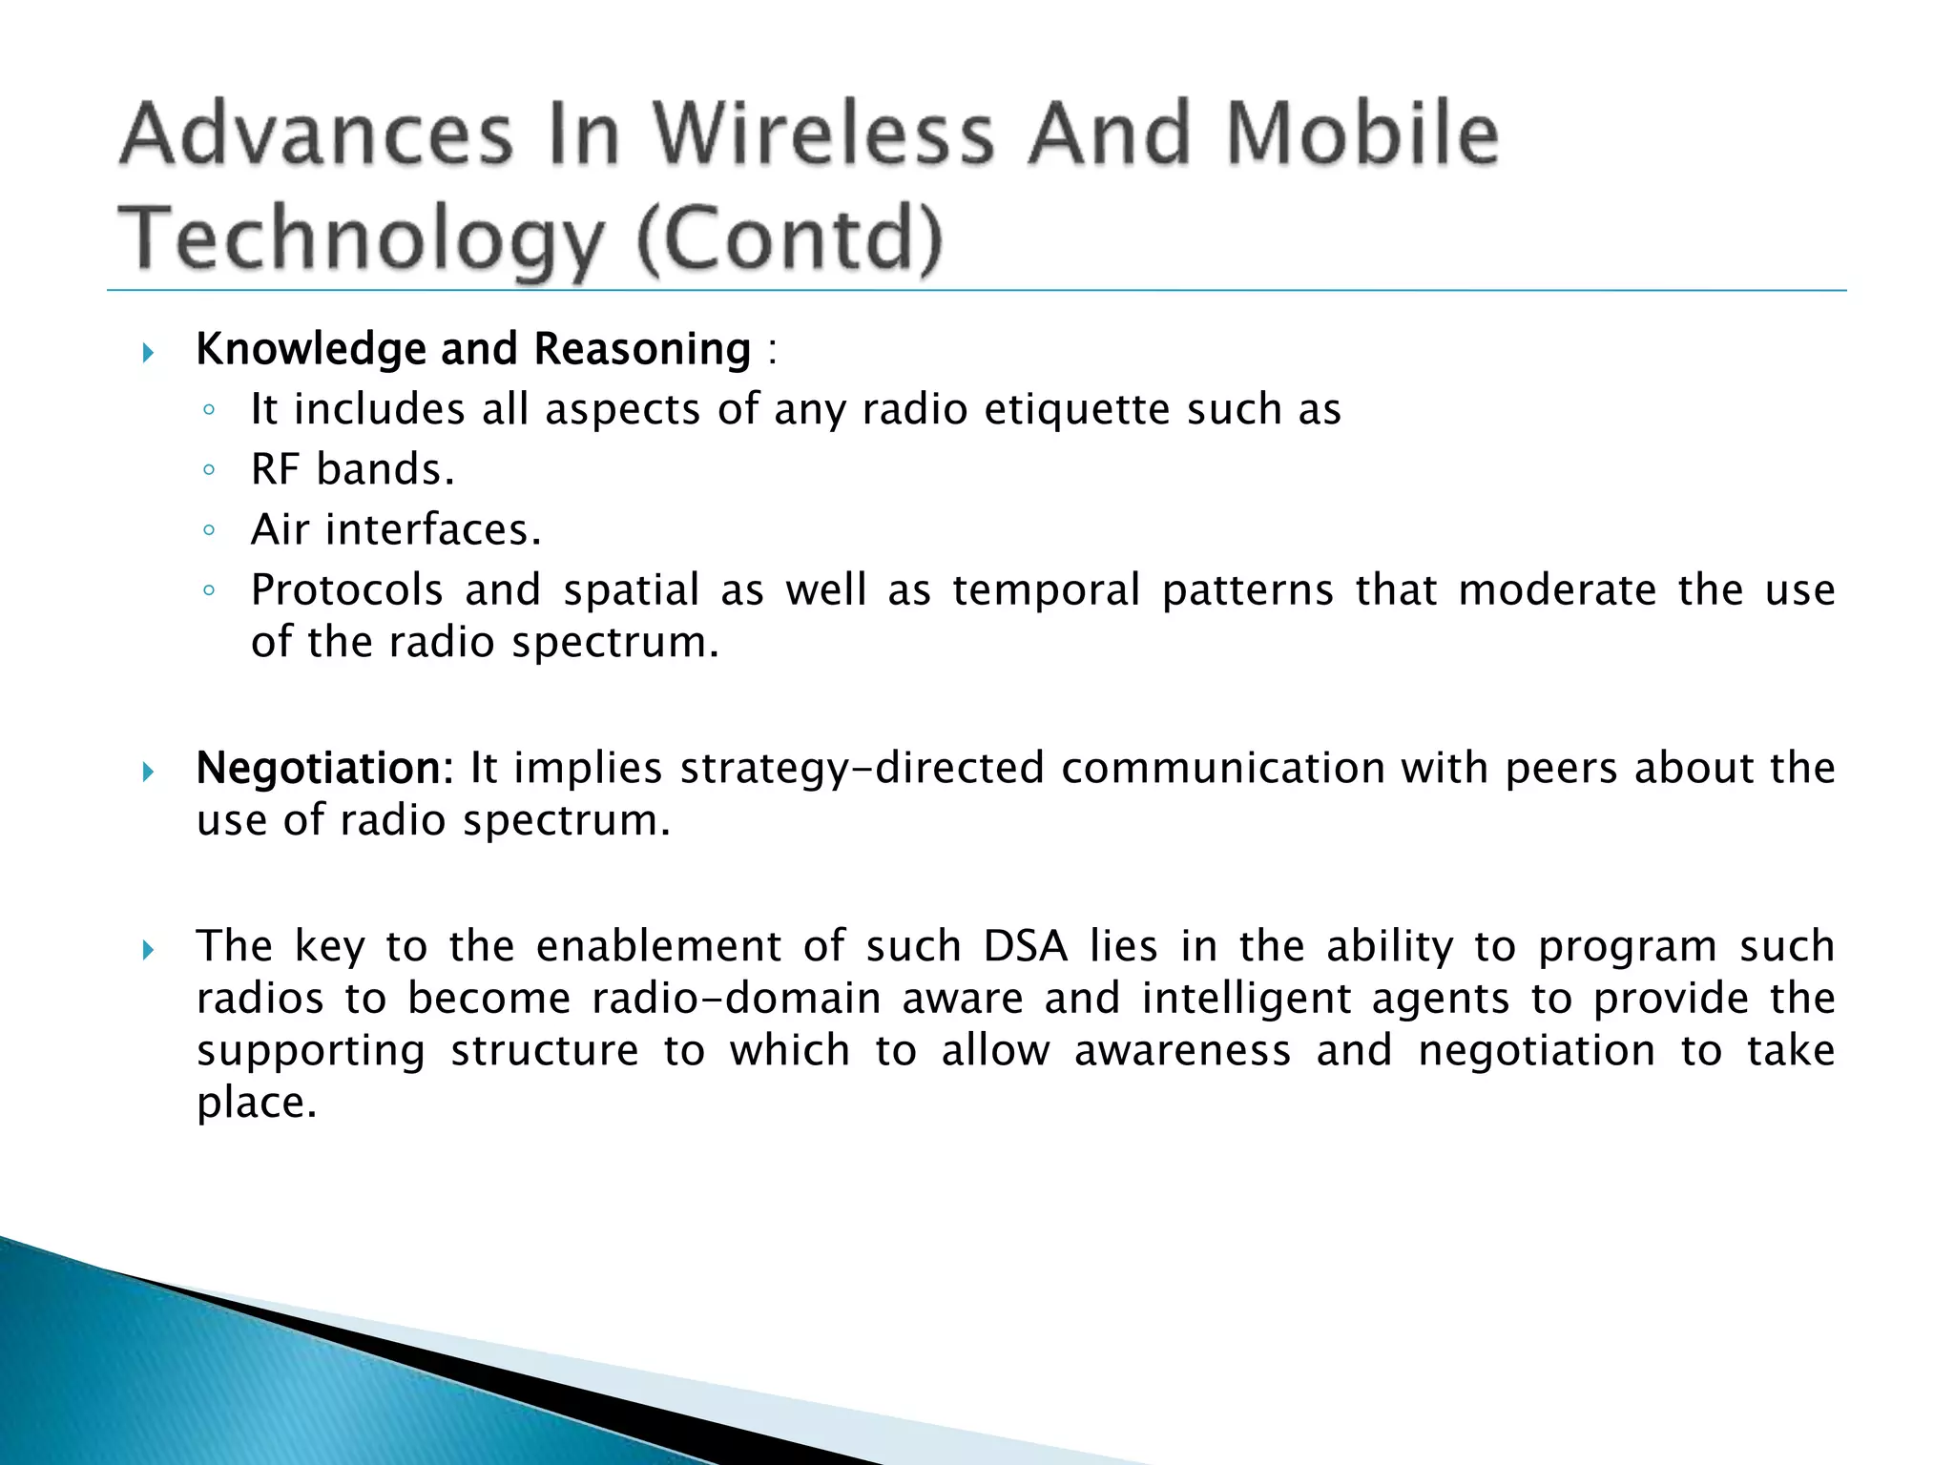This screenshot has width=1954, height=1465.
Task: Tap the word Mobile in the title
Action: tap(1362, 134)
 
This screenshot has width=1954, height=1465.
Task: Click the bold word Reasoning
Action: tap(642, 349)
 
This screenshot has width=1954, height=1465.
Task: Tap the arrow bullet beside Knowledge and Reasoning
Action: tap(148, 354)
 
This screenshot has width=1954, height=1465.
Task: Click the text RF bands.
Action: tap(352, 470)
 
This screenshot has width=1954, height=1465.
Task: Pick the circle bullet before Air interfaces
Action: tap(209, 531)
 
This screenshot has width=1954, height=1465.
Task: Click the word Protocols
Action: tap(347, 590)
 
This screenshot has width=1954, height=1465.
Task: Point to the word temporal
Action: tap(1046, 590)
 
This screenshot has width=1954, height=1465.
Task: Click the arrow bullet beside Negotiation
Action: tap(148, 771)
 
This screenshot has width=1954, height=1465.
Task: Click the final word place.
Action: tap(255, 1104)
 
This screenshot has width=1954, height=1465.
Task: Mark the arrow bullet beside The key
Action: tap(148, 950)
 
